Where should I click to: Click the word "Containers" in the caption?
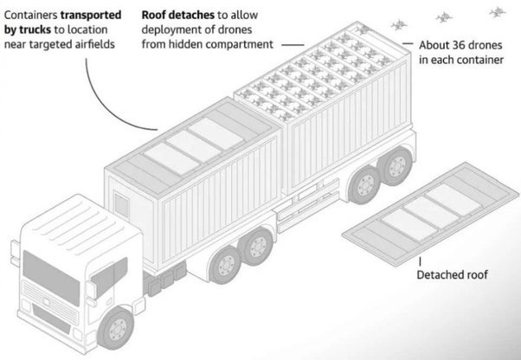[x=30, y=15]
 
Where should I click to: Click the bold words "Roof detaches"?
[x=177, y=15]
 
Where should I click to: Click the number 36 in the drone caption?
[x=460, y=45]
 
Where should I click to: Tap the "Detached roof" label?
[x=453, y=275]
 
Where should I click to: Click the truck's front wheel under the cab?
[x=116, y=328]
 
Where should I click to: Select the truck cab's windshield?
[x=51, y=278]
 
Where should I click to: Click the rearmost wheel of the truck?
[x=396, y=166]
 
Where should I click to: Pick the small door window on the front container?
[x=121, y=205]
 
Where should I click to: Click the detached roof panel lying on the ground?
[x=431, y=214]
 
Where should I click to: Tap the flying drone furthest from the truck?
[x=497, y=13]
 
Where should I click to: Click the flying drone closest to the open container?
[x=399, y=24]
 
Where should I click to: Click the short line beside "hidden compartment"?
[x=293, y=44]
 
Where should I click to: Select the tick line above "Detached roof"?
[x=421, y=261]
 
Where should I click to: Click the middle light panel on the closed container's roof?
[x=194, y=146]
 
